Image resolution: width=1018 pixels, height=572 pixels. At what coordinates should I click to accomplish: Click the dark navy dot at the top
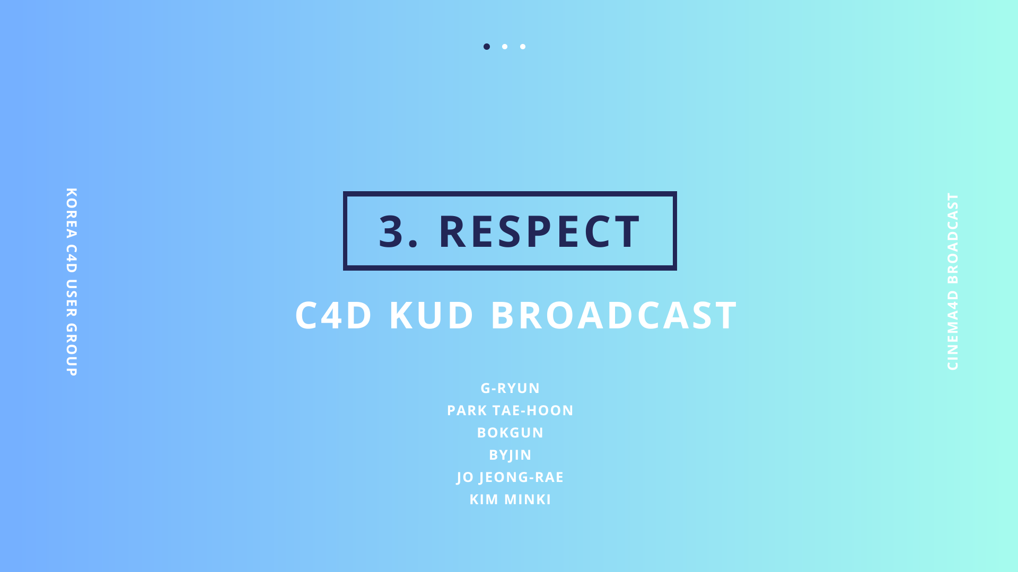(x=487, y=47)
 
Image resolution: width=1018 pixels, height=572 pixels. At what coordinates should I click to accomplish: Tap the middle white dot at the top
(x=505, y=47)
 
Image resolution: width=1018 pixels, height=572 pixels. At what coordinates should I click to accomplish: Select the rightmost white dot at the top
(x=523, y=47)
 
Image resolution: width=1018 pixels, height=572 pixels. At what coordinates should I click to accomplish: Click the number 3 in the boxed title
(x=391, y=231)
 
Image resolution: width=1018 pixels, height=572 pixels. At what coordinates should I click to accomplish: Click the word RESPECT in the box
(x=540, y=231)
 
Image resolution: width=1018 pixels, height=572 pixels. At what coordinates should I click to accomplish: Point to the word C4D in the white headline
(x=334, y=315)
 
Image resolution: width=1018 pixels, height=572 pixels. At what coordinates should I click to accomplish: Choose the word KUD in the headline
(x=431, y=315)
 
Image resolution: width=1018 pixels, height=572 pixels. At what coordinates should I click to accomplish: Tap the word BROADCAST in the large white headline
(x=614, y=315)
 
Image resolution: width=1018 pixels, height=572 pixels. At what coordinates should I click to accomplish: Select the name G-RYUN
(x=510, y=388)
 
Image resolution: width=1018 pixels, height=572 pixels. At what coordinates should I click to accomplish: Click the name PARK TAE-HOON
(x=510, y=410)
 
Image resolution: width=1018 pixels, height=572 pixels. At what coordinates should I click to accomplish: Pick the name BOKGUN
(x=510, y=433)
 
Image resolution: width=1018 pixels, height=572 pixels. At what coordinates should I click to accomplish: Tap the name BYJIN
(x=510, y=455)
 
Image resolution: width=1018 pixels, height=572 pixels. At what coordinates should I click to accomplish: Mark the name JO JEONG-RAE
(x=510, y=477)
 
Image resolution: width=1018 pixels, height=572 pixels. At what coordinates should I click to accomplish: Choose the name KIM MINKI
(x=510, y=499)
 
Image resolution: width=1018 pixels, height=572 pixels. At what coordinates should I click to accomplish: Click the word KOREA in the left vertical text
(x=72, y=213)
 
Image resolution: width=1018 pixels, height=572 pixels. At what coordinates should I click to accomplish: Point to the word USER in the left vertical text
(x=72, y=298)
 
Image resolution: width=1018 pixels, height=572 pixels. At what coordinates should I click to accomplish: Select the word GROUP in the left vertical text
(x=72, y=350)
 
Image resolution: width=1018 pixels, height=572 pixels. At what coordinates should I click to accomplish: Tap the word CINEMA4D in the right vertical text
(x=953, y=330)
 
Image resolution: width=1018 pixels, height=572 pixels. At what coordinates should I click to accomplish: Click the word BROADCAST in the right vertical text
(x=953, y=238)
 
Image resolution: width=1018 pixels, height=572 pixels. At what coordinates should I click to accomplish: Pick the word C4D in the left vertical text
(x=72, y=258)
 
